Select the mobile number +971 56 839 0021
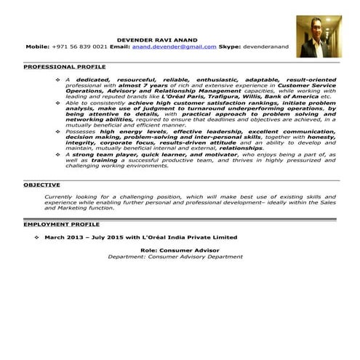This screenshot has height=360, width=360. (x=80, y=46)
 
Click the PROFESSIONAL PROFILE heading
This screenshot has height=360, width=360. (x=64, y=67)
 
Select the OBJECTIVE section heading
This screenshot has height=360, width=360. (x=41, y=185)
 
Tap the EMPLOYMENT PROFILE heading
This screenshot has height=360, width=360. (x=61, y=225)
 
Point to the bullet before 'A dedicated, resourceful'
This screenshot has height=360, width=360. (x=57, y=79)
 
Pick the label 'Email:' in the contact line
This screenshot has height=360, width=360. (x=121, y=46)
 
